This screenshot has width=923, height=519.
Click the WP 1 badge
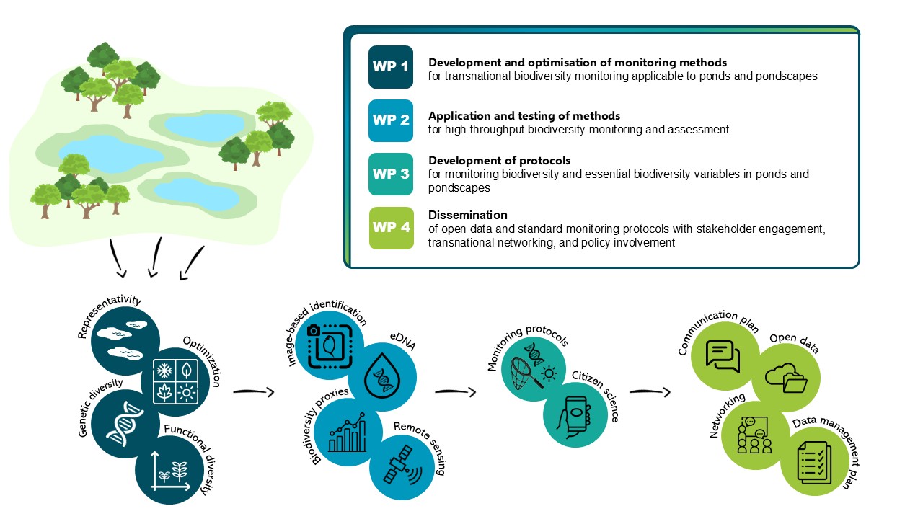pos(390,67)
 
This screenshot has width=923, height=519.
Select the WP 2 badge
pos(390,120)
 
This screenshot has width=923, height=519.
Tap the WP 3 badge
pos(390,174)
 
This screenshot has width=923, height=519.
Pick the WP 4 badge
pos(390,227)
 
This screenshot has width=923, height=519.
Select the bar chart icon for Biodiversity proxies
pos(347,432)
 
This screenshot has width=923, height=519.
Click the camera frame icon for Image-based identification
pos(328,345)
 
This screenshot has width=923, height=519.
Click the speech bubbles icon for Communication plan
pos(723,355)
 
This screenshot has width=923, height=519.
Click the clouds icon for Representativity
pos(123,341)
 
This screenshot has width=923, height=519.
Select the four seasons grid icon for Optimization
pos(175,382)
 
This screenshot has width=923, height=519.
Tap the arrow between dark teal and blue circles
pos(254,393)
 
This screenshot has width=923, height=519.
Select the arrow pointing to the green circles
pos(650,393)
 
